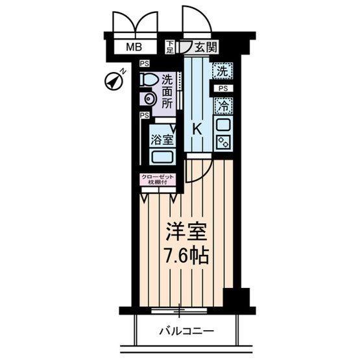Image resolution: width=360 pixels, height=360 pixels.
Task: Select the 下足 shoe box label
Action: [170, 47]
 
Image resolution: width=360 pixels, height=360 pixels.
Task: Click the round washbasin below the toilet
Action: [149, 99]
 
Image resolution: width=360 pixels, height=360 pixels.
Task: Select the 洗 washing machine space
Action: [222, 70]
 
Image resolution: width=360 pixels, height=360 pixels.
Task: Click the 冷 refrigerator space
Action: [222, 104]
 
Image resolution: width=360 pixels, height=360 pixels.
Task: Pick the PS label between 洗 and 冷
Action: [222, 88]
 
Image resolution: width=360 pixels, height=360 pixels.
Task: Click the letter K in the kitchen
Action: [197, 128]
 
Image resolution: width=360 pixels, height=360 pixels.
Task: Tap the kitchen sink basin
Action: [222, 124]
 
